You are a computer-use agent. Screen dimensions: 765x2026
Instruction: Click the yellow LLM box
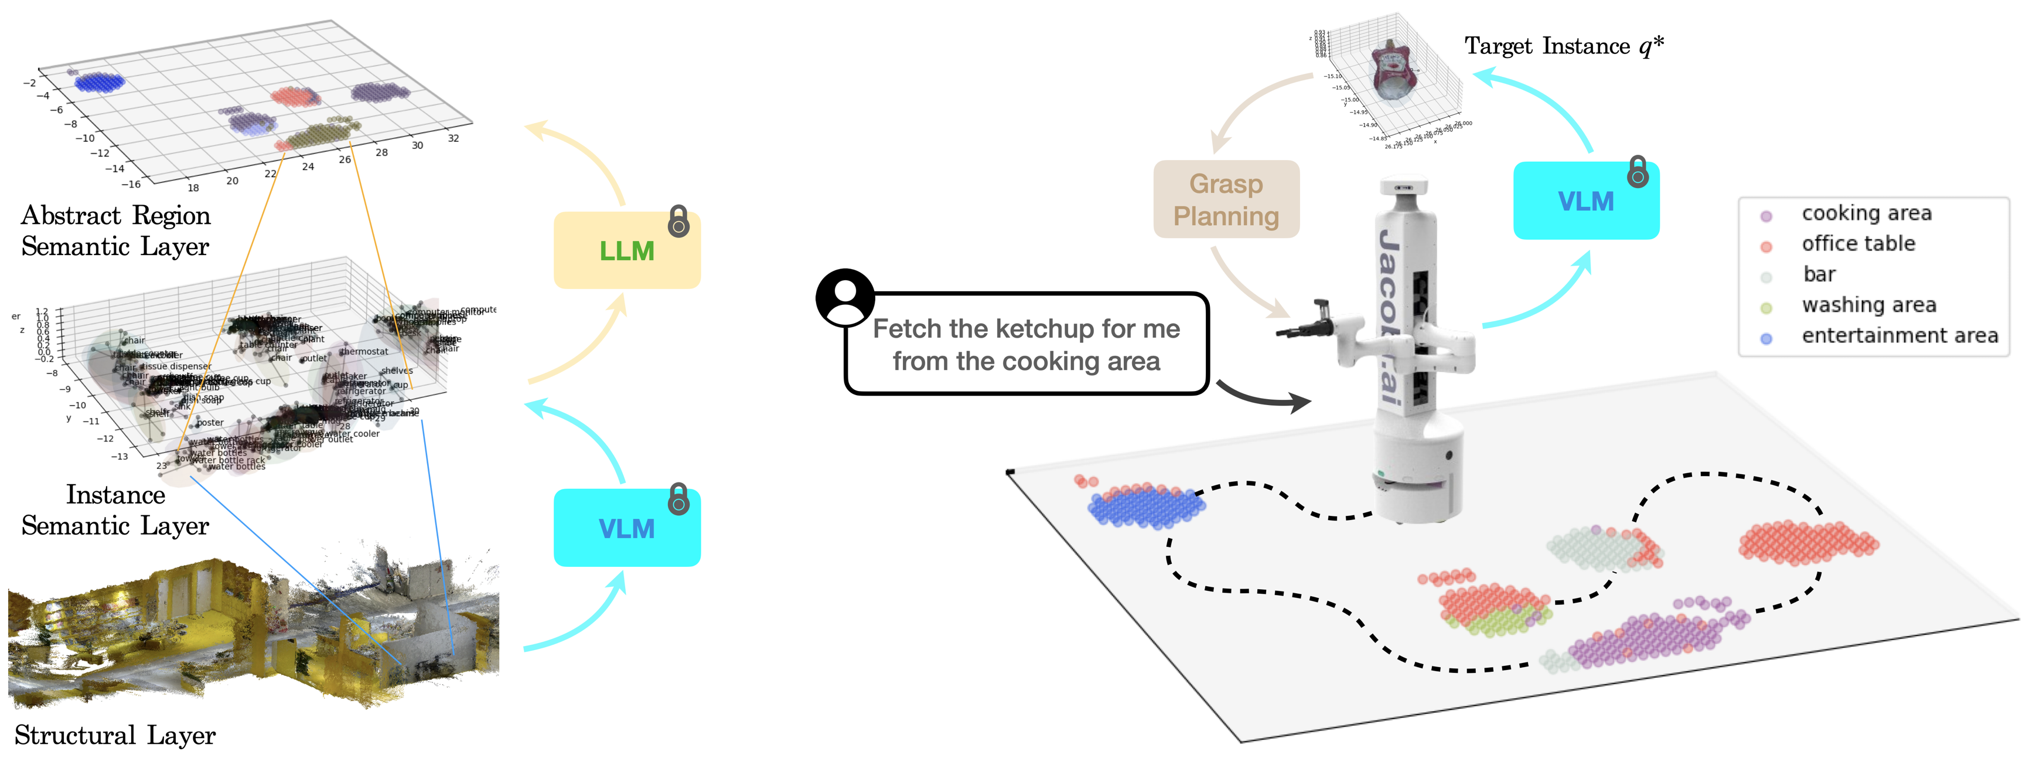pos(627,250)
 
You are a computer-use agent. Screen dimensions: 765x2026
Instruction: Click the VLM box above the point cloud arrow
pos(627,528)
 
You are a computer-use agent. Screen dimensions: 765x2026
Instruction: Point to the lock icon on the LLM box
pos(678,222)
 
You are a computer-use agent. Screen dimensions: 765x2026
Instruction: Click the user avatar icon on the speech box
pos(845,298)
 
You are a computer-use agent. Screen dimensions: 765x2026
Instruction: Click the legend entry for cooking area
pos(1865,213)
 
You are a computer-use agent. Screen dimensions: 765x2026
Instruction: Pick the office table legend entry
pos(1858,244)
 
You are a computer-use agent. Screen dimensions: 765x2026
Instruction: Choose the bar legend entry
pos(1819,275)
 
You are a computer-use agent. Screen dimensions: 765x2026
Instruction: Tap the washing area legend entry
pos(1868,305)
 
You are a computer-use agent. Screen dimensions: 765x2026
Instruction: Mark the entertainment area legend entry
pos(1899,336)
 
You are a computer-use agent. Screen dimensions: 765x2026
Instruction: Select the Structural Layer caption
pos(115,735)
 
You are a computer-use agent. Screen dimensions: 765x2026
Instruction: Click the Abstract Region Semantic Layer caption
pos(115,230)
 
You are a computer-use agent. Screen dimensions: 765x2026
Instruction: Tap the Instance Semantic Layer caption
pos(115,510)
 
